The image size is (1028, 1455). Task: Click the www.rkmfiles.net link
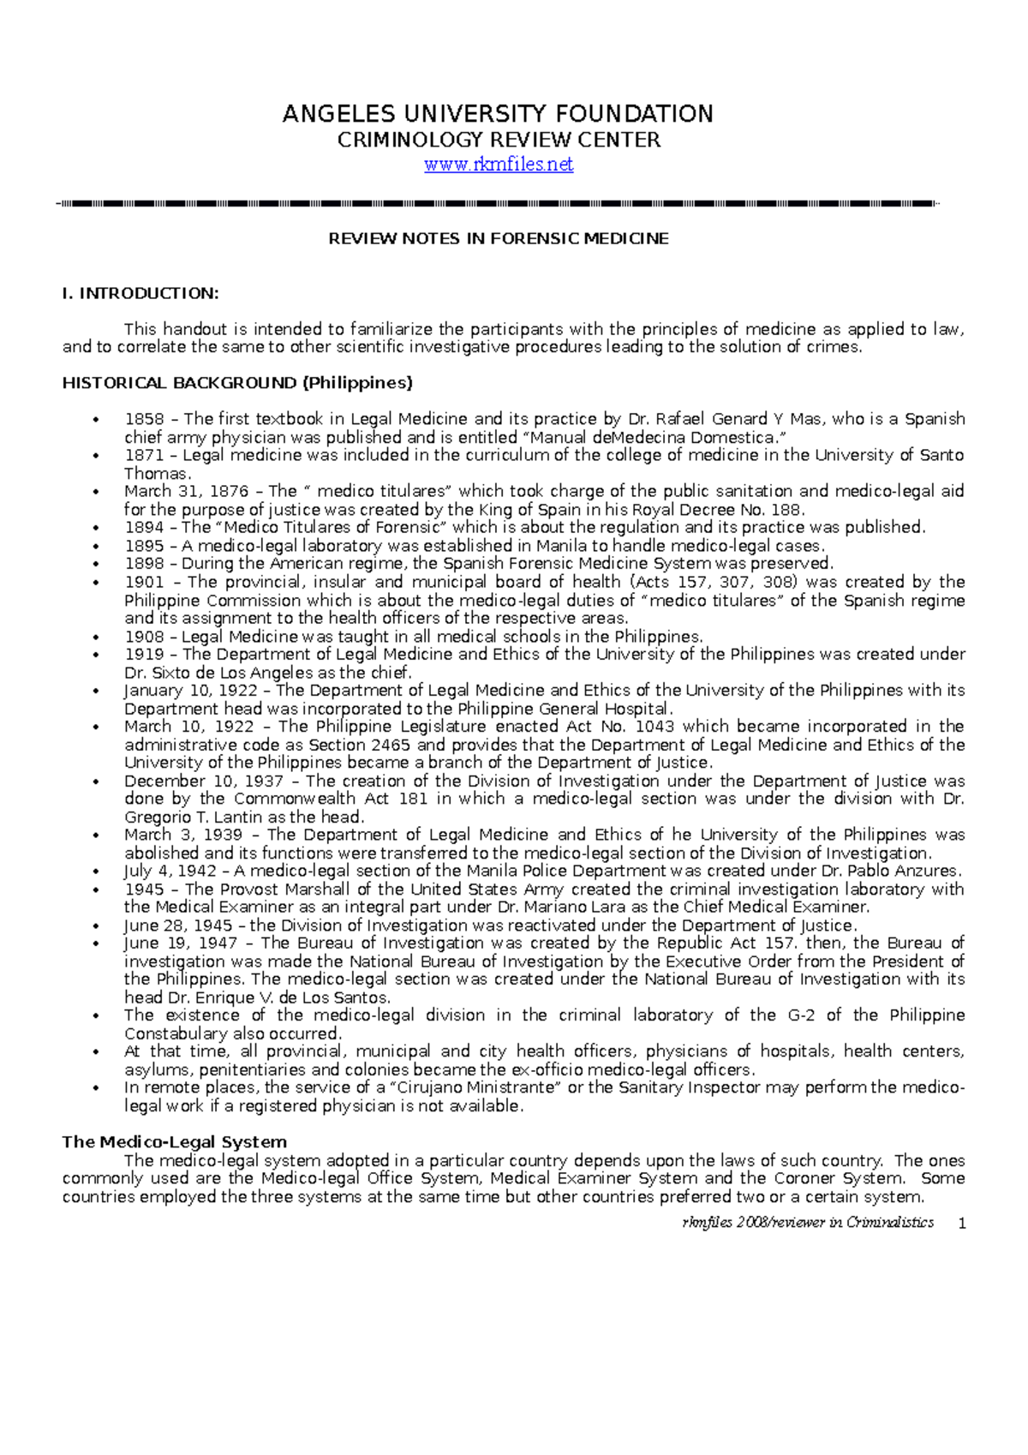499,165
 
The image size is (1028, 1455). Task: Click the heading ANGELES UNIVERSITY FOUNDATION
498,114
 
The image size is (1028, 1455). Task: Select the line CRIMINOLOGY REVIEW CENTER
499,141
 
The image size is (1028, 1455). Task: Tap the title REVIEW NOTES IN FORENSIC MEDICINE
499,239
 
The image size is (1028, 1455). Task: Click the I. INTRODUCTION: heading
140,294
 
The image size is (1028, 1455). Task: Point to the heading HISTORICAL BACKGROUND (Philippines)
237,383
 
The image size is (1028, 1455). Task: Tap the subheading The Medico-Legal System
174,1142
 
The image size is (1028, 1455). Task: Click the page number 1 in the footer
962,1224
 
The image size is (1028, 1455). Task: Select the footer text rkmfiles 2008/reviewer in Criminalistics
807,1223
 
